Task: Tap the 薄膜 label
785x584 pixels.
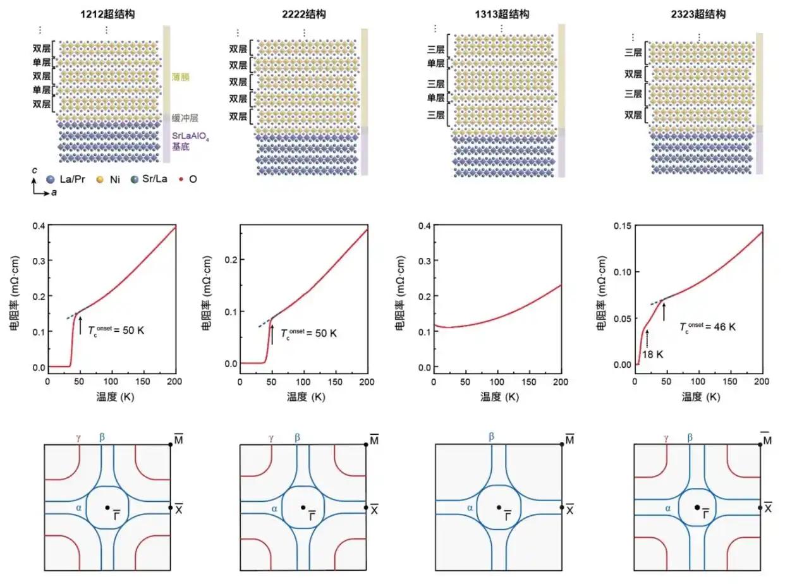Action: pyautogui.click(x=180, y=77)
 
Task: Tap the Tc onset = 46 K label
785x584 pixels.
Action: pyautogui.click(x=708, y=327)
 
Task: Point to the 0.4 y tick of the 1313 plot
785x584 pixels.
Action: pyautogui.click(x=423, y=226)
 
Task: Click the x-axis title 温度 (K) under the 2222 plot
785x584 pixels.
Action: pyautogui.click(x=306, y=397)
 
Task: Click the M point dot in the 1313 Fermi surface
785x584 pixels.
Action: pyautogui.click(x=561, y=445)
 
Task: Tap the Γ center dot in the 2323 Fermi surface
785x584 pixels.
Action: pyautogui.click(x=697, y=507)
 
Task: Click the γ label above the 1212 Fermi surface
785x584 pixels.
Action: pyautogui.click(x=79, y=437)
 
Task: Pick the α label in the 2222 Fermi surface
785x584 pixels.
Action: pyautogui.click(x=274, y=508)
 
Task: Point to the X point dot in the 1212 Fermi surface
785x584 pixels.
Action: pyautogui.click(x=171, y=507)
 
